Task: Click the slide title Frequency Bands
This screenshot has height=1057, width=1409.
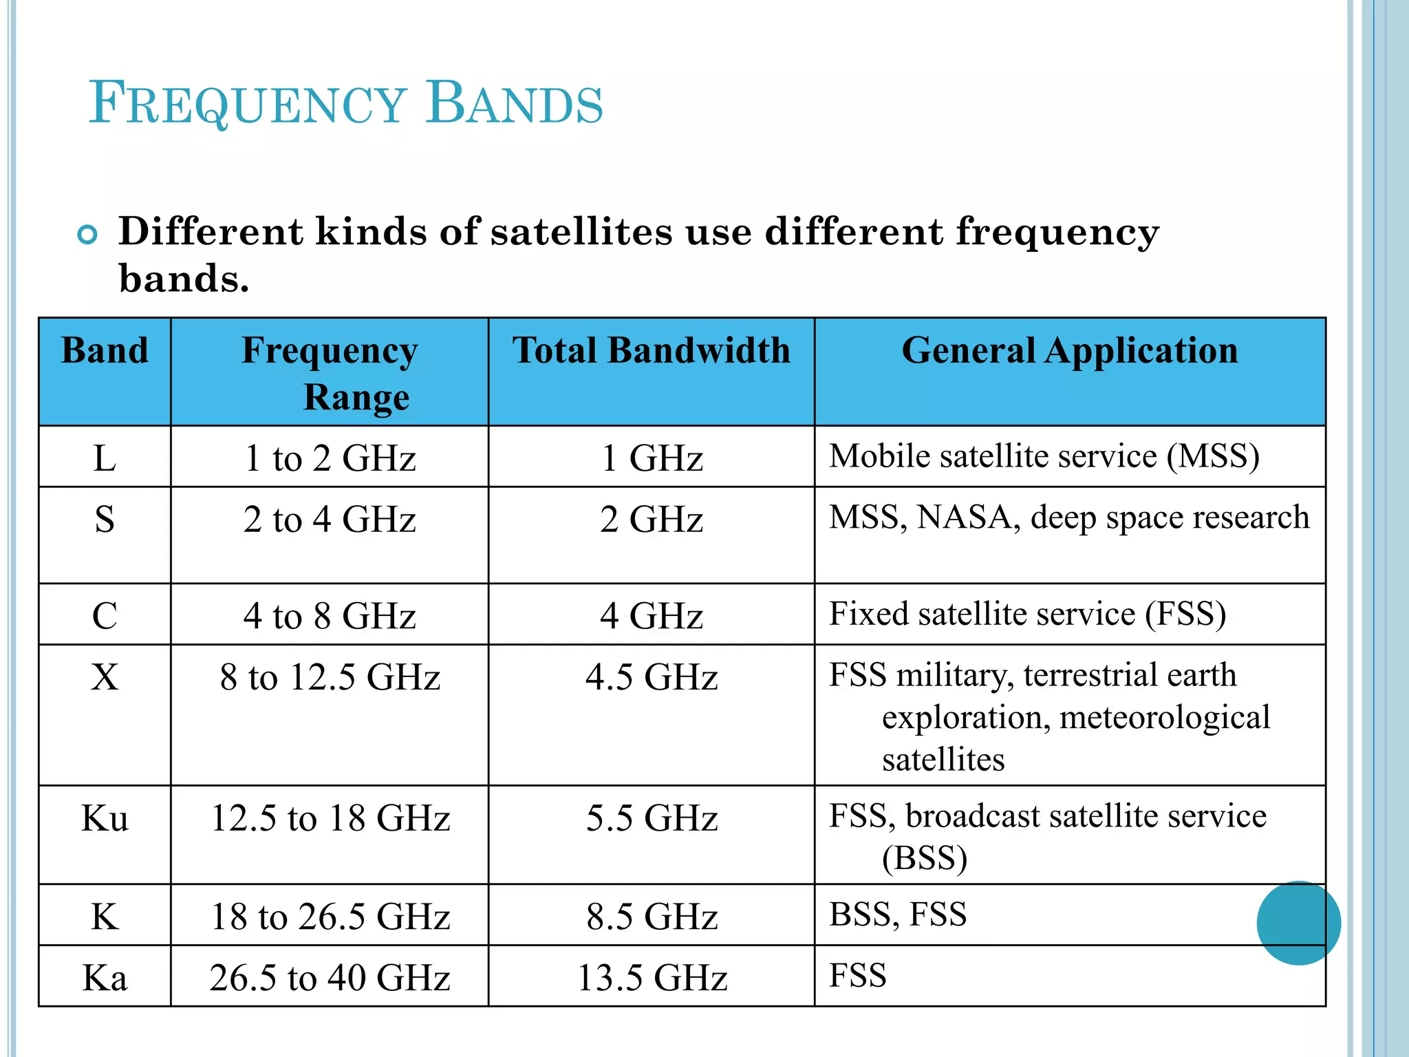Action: click(345, 103)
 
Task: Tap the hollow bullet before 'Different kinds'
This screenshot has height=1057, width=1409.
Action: click(87, 235)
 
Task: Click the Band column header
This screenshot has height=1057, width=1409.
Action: click(105, 350)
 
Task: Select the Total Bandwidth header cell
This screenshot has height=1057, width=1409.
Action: click(651, 350)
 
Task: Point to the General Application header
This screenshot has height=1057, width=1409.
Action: click(1069, 350)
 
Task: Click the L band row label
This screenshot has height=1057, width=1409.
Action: click(105, 458)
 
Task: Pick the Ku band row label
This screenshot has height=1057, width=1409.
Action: click(105, 818)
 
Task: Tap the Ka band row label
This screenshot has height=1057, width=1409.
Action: click(105, 977)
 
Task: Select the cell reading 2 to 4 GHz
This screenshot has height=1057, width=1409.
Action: click(330, 519)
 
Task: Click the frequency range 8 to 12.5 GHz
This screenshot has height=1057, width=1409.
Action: click(330, 677)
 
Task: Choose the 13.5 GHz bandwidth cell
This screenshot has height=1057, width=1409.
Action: click(652, 977)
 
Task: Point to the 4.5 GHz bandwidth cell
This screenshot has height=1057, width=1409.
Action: click(652, 677)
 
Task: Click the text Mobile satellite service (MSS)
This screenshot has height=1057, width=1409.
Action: click(1044, 456)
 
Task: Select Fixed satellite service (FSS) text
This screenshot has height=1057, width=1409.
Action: click(1027, 614)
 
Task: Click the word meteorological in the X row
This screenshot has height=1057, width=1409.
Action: click(1164, 718)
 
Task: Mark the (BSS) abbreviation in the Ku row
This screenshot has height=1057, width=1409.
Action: click(924, 858)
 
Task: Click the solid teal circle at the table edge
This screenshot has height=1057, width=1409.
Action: click(1298, 923)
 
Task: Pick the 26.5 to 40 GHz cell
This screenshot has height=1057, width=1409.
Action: click(330, 977)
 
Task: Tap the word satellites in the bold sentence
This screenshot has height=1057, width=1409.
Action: click(581, 231)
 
